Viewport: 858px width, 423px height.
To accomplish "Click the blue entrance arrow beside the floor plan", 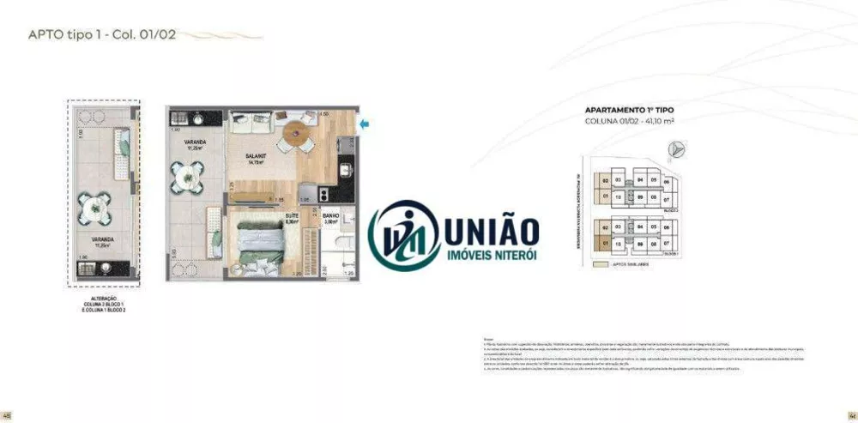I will pos(365,125).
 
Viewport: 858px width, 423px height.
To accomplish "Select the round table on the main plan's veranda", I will pos(186,177).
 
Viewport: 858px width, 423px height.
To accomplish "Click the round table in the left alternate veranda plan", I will pos(94,207).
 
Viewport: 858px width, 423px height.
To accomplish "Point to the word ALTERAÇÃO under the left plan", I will pos(103,298).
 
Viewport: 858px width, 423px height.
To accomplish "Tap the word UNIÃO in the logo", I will pos(492,230).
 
